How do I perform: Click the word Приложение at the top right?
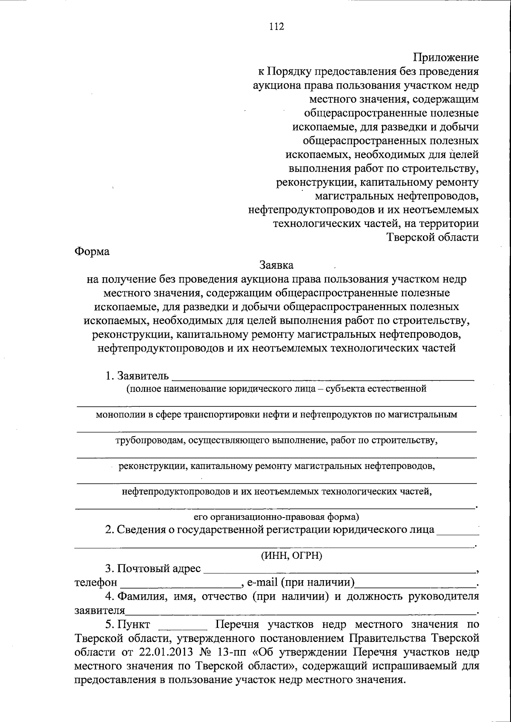coord(446,58)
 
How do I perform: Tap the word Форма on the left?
coord(92,251)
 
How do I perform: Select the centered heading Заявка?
coord(277,265)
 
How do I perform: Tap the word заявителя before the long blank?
coord(100,610)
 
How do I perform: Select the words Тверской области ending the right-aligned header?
coord(433,237)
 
